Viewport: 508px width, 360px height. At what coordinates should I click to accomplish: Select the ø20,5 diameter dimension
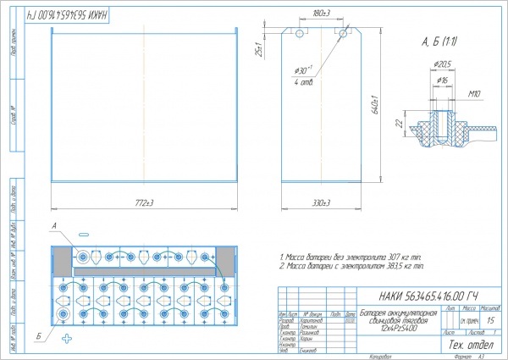[441, 64]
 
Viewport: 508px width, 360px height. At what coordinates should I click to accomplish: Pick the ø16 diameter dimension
[441, 80]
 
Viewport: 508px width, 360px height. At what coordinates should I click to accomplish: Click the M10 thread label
[473, 94]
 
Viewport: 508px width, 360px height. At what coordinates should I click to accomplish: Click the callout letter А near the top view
[54, 226]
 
